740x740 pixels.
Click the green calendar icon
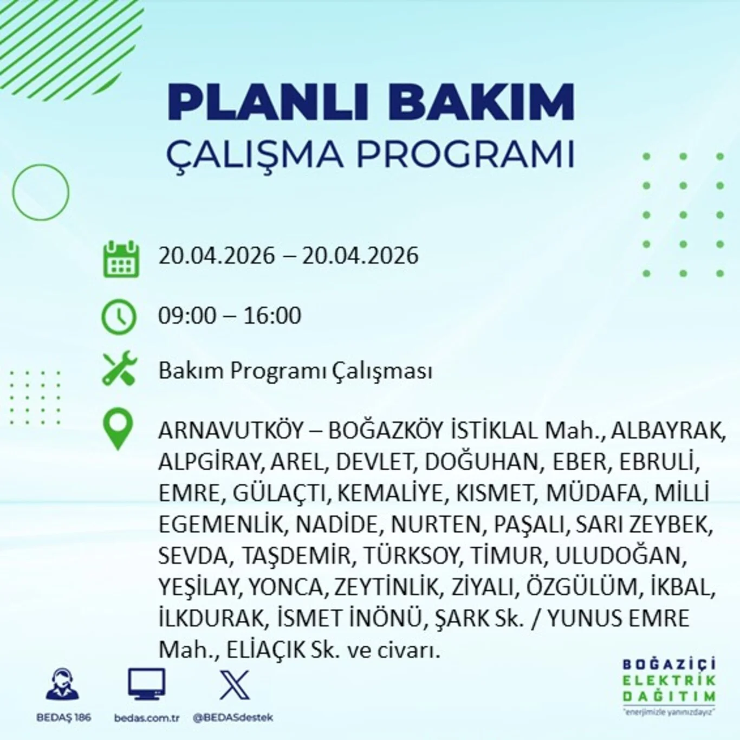tap(121, 260)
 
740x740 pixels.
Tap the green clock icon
tap(119, 316)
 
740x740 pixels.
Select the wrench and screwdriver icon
tap(120, 368)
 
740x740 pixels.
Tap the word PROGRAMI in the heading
tap(465, 154)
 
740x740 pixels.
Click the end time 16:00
tap(272, 315)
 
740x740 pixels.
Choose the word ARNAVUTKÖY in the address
tap(231, 431)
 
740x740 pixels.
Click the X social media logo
tap(235, 685)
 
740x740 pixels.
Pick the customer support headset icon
tap(63, 684)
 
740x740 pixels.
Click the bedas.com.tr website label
tap(147, 718)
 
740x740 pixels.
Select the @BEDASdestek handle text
tap(233, 718)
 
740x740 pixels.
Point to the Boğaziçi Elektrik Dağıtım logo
tap(669, 686)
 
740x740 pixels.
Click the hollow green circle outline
tap(41, 192)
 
